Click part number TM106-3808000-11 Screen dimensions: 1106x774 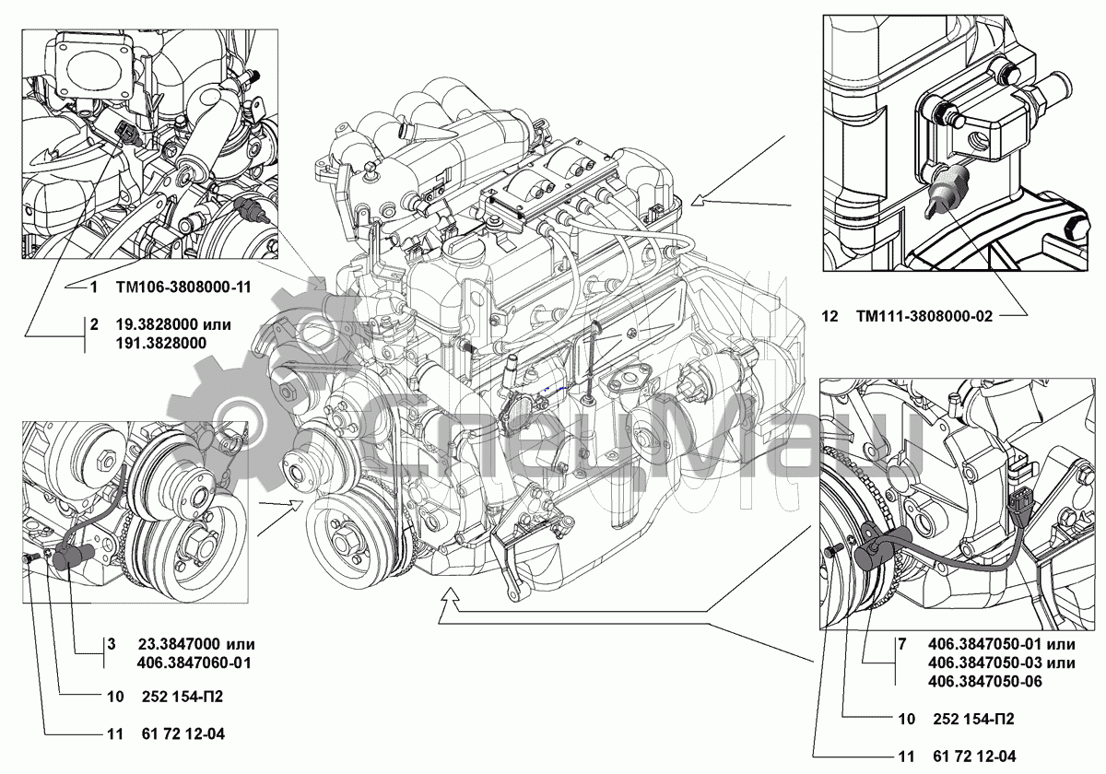click(183, 287)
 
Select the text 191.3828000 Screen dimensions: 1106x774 click(161, 343)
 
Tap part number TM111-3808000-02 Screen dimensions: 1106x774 click(924, 316)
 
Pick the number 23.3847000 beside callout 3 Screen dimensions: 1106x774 click(180, 644)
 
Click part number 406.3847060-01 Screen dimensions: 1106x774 click(194, 663)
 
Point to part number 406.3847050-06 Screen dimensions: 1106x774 click(985, 682)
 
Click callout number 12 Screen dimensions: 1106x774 click(830, 316)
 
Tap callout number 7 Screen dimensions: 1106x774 click(902, 644)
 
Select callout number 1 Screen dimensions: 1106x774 click(94, 287)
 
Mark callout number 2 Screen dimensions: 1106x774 click(94, 324)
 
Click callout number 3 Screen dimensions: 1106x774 click(112, 644)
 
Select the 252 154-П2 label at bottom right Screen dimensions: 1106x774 click(973, 720)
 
